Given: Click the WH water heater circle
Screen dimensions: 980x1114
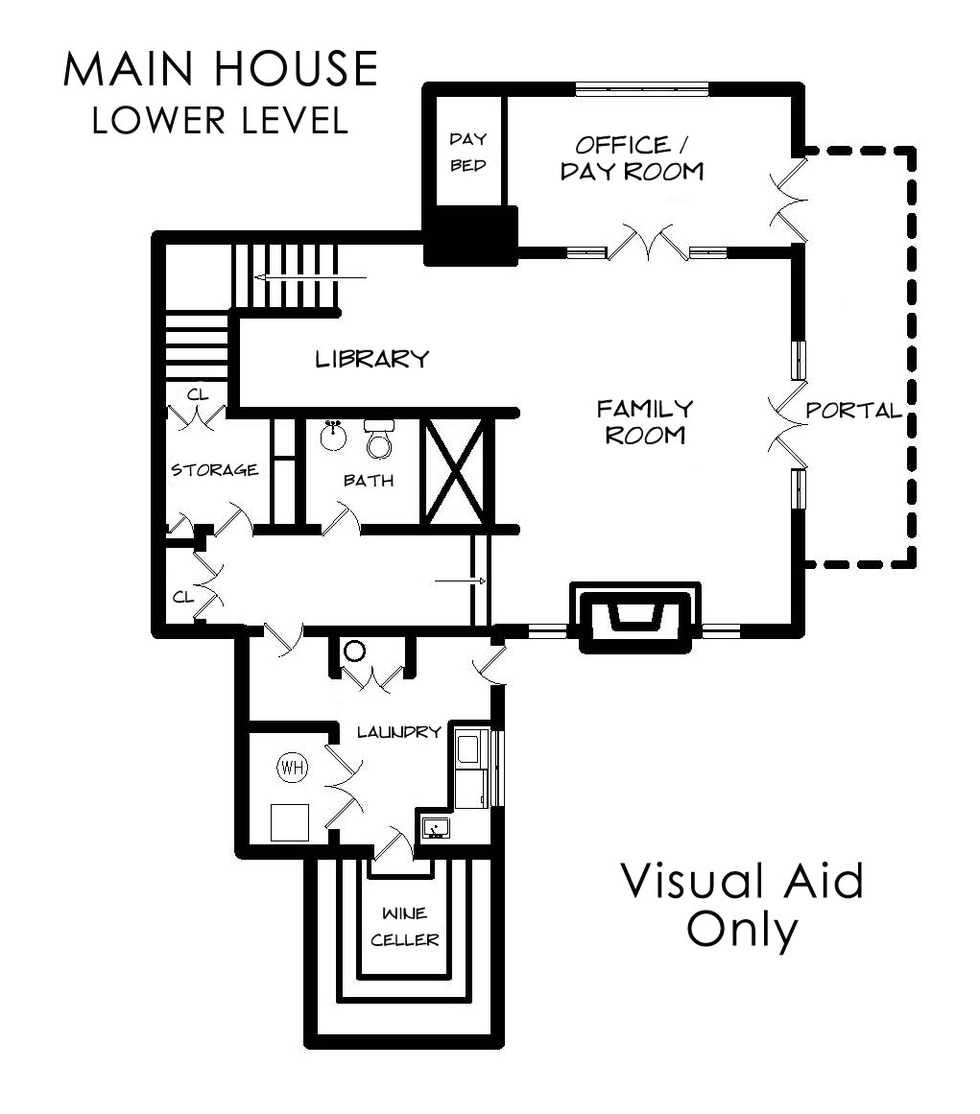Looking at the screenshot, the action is pos(292,768).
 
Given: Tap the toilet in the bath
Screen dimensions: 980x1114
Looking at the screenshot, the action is pos(379,438).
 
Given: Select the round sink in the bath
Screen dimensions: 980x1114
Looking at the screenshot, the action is pos(333,436).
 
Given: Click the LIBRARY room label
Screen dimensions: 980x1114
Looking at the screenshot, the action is pos(372,359).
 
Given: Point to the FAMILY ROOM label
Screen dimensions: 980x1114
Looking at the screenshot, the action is pos(645,421).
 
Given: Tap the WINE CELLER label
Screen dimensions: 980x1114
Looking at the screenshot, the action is pos(404,927).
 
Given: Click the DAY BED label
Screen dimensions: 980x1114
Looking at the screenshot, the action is pos(468,152).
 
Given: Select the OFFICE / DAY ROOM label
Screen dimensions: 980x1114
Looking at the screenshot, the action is pos(632,157).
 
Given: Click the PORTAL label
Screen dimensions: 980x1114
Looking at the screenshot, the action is pos(853,410).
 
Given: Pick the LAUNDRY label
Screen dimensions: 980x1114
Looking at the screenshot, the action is pos(398,732).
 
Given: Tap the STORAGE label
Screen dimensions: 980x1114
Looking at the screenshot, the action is pos(214,469).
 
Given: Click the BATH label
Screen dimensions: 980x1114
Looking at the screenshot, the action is pos(369,481).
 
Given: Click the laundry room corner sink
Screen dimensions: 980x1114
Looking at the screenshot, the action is pos(435,827).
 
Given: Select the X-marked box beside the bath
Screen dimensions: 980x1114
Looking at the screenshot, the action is pos(456,472).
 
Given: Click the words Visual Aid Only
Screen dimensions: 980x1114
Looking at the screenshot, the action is pos(743,905).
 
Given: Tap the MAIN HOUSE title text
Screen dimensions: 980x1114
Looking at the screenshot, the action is pos(221,69).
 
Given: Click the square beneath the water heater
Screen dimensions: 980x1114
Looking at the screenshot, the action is pos(290,822).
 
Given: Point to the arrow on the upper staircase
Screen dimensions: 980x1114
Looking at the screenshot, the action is pos(311,278).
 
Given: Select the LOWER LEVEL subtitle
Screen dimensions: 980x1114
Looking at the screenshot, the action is pos(221,120).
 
